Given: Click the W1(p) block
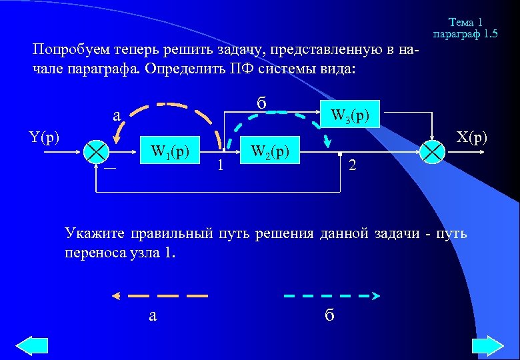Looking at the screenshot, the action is (172, 151).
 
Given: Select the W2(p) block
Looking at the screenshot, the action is (268, 151).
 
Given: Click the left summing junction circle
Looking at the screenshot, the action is (97, 152).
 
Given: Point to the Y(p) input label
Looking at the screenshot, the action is (45, 138).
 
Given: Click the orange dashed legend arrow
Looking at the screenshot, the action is (160, 295).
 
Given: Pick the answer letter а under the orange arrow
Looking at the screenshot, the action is (153, 315).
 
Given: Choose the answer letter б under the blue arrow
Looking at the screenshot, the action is (329, 315).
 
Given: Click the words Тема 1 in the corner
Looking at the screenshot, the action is (465, 23).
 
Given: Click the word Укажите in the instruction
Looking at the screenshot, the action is (91, 233).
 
